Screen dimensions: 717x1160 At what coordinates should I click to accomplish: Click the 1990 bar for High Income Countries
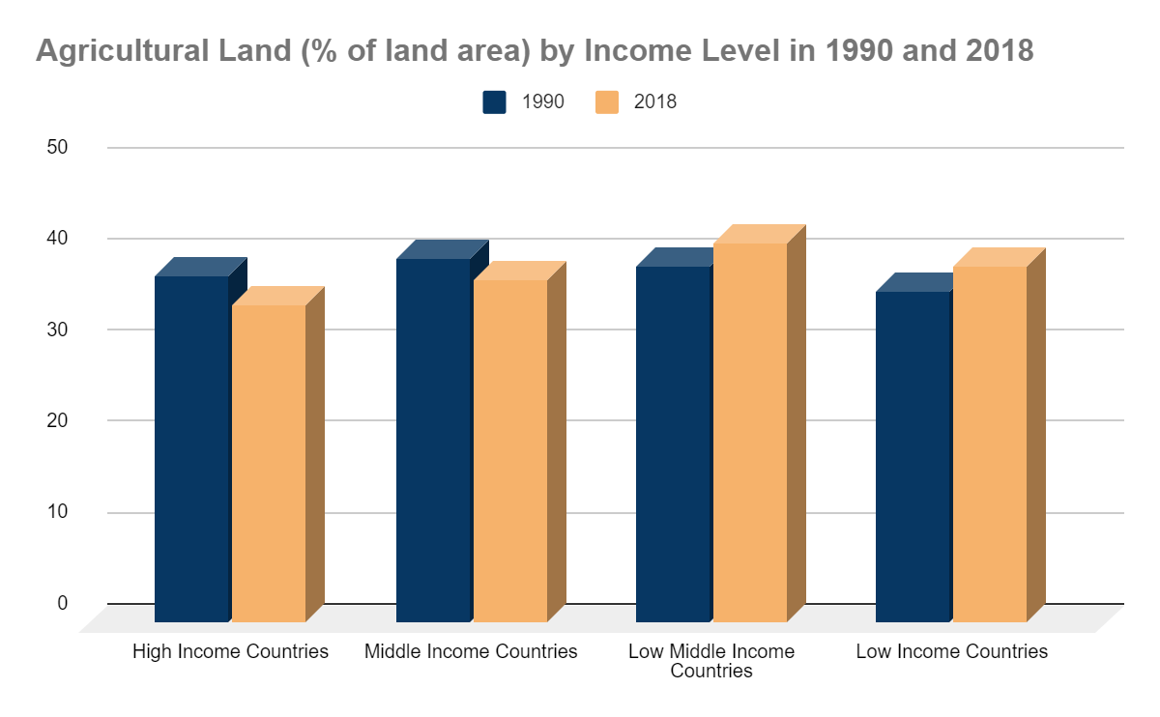tap(191, 448)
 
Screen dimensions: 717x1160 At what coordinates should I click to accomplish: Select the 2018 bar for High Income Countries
tap(269, 463)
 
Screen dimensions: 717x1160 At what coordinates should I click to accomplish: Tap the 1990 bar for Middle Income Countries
tap(433, 440)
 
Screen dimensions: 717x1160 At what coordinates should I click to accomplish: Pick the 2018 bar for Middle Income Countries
tap(510, 450)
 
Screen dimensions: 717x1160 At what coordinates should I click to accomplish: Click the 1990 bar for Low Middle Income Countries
tap(673, 444)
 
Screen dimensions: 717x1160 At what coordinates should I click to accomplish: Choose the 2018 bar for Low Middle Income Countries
tap(750, 432)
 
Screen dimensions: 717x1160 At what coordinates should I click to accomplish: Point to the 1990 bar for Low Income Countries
tap(913, 456)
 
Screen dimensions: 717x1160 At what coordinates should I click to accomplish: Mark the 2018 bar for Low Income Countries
tap(990, 444)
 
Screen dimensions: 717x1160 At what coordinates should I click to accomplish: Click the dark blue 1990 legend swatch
tap(495, 102)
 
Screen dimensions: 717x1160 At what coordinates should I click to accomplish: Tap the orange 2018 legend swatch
tap(608, 102)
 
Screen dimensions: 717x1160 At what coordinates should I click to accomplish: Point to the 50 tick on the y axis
tap(57, 147)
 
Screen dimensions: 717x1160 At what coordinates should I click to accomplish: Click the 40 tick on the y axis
tap(57, 238)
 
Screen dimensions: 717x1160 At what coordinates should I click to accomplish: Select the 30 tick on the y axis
tap(57, 329)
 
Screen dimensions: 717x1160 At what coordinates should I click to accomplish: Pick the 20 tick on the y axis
tap(57, 420)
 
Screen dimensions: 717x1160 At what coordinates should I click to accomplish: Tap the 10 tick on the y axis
tap(57, 511)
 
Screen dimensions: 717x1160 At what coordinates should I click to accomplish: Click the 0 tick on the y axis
tap(63, 603)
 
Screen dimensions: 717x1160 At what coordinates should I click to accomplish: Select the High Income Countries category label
tap(230, 651)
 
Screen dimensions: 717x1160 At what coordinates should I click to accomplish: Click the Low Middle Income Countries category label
tap(711, 661)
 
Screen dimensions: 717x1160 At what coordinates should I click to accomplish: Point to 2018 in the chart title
tap(1000, 50)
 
